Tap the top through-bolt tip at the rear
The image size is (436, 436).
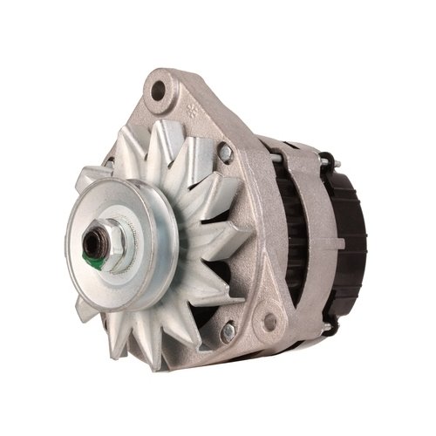pyautogui.click(x=330, y=160)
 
